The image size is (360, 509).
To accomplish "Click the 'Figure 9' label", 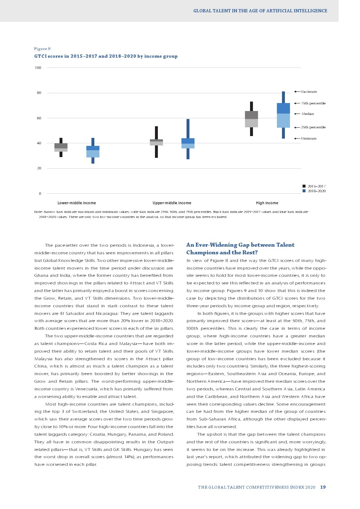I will [x=42, y=49].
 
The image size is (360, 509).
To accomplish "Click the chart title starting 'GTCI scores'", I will [x=106, y=56].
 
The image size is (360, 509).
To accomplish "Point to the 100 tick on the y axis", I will [x=38, y=68].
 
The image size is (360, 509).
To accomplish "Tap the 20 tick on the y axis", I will [x=39, y=168].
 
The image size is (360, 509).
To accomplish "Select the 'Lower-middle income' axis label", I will [x=77, y=203].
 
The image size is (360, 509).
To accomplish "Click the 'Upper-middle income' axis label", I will [x=172, y=203].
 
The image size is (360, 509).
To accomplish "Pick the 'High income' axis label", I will [x=267, y=203].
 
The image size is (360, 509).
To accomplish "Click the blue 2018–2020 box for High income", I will [x=283, y=115].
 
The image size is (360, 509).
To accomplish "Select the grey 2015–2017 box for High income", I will [x=251, y=119].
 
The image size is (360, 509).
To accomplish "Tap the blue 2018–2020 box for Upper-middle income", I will [x=188, y=143].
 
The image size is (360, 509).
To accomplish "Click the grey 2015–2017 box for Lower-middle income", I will [x=61, y=147].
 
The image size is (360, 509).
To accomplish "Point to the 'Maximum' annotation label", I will [x=308, y=92].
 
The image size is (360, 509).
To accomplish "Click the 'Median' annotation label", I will [x=307, y=114].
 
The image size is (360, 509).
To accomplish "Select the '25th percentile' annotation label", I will [x=313, y=127].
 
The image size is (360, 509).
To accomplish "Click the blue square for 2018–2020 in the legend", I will [x=304, y=191].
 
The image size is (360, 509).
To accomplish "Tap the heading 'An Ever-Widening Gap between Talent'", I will [x=240, y=245].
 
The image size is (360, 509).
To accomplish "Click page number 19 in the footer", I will [x=323, y=487].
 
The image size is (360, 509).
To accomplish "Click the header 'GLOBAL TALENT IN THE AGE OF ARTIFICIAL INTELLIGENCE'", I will [x=260, y=11].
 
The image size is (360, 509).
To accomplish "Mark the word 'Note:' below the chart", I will [x=38, y=212].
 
